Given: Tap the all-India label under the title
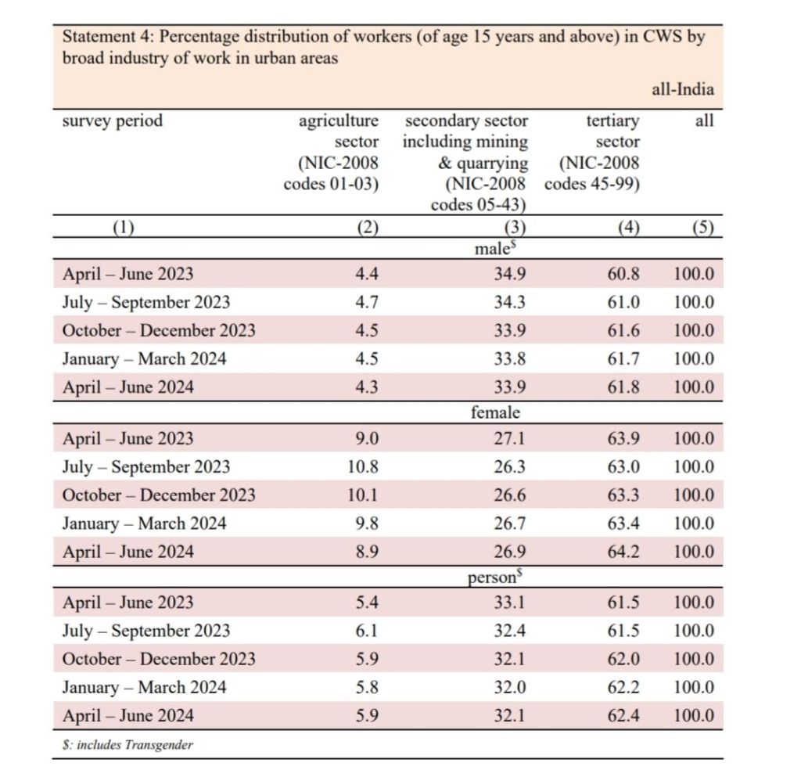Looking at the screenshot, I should click(682, 90).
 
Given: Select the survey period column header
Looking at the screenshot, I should click(113, 121).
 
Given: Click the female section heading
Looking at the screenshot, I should click(495, 412).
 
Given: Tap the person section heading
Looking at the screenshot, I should click(494, 577).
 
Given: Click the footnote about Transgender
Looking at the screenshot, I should click(128, 745).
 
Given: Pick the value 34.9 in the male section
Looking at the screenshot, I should click(509, 275).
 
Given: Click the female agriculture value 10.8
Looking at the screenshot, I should click(363, 467).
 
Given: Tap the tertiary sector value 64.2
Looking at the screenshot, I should click(623, 552).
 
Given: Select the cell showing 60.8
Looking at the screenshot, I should click(623, 275).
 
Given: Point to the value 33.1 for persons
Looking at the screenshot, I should click(509, 603).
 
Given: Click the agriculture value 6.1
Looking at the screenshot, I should click(367, 631).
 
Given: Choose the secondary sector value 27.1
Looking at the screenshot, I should click(509, 439).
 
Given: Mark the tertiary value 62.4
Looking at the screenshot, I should click(623, 715).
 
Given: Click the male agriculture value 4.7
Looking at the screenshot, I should click(367, 303).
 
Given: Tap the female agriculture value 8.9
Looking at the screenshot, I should click(367, 552).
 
